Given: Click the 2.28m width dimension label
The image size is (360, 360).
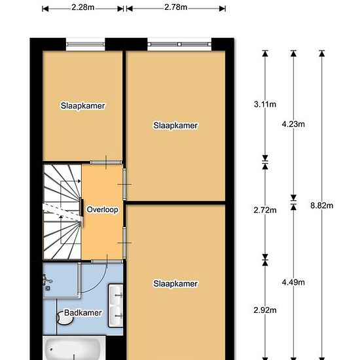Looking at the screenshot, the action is pyautogui.click(x=83, y=7).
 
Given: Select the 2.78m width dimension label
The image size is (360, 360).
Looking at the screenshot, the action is pyautogui.click(x=175, y=7).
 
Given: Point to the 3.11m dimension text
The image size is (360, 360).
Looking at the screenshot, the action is pyautogui.click(x=265, y=105).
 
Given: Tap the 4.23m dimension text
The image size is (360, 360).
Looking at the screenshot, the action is pyautogui.click(x=293, y=124).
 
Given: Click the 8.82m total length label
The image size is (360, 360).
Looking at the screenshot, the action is pyautogui.click(x=321, y=206).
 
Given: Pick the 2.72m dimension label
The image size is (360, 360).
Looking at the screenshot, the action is pyautogui.click(x=265, y=210).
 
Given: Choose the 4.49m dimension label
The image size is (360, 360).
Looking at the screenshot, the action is pyautogui.click(x=293, y=282).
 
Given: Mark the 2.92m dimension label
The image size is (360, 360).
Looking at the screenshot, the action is pyautogui.click(x=265, y=310).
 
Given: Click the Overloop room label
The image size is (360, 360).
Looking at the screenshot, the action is pyautogui.click(x=102, y=209).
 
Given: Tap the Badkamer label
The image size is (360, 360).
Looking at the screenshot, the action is pyautogui.click(x=83, y=313).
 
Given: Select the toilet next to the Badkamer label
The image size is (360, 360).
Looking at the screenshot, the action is pyautogui.click(x=65, y=317).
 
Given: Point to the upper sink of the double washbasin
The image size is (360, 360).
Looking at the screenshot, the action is pyautogui.click(x=116, y=295).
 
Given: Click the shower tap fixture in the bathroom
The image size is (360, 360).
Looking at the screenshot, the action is pyautogui.click(x=47, y=282).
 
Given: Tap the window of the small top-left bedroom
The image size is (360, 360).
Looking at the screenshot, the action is pyautogui.click(x=85, y=45).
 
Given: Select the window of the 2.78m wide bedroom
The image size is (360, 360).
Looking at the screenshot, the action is pyautogui.click(x=179, y=45).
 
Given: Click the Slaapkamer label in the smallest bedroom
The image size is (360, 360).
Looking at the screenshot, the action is pyautogui.click(x=82, y=106).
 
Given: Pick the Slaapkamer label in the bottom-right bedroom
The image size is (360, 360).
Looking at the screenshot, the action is pyautogui.click(x=175, y=284).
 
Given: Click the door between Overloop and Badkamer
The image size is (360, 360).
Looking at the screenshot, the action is pyautogui.click(x=107, y=262).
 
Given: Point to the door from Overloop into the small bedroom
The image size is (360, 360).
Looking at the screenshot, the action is pyautogui.click(x=106, y=162).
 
